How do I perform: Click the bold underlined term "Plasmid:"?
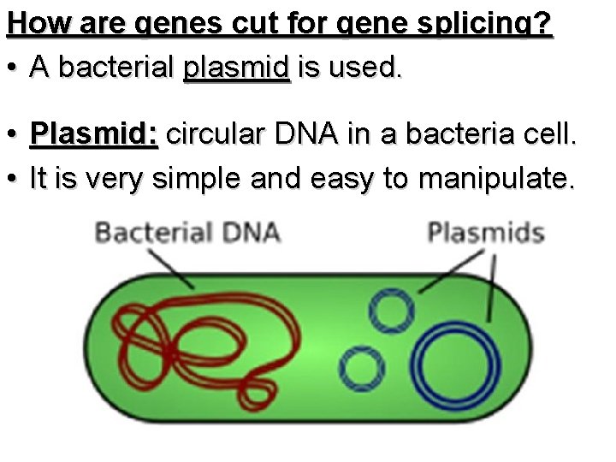[93, 134]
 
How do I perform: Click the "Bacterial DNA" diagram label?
[187, 232]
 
